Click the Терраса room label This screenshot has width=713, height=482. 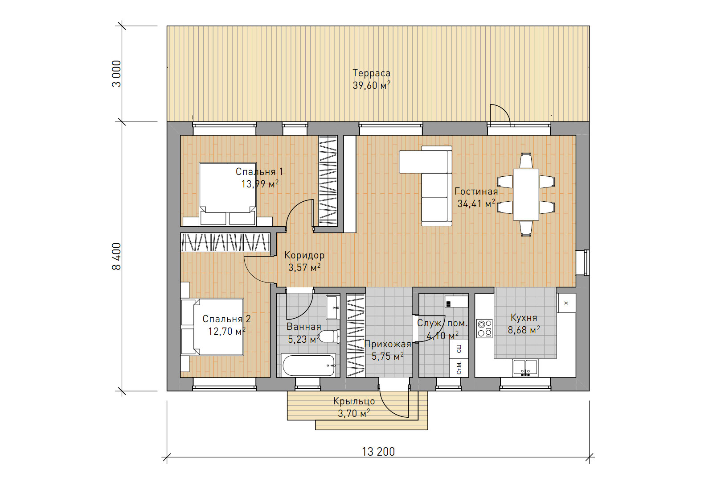click(x=371, y=73)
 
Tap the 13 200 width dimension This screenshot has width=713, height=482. click(x=378, y=452)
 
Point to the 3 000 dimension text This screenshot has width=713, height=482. click(x=116, y=74)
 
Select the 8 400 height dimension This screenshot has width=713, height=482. click(x=116, y=257)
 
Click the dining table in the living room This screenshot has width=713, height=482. click(x=526, y=195)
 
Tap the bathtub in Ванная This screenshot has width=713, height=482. click(x=308, y=366)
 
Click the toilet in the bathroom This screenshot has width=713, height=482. click(x=329, y=337)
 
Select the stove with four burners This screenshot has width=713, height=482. click(x=484, y=328)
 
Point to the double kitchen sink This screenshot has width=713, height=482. click(x=525, y=368)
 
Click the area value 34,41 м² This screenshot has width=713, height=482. click(x=476, y=204)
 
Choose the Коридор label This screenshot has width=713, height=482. click(x=304, y=255)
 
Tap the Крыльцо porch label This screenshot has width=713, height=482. click(x=354, y=401)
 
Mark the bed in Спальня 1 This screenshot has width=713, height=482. click(x=228, y=194)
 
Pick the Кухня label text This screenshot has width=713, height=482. click(x=524, y=318)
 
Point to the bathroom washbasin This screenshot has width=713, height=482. click(x=333, y=307)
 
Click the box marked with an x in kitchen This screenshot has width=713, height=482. click(x=566, y=303)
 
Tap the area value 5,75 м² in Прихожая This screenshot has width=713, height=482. click(x=387, y=356)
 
